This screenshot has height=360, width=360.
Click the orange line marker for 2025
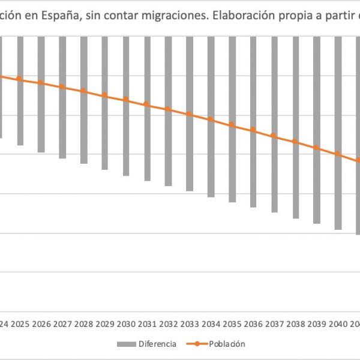tap(19, 79)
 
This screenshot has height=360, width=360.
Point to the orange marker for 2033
tap(189, 114)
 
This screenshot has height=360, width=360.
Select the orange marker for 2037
tap(274, 136)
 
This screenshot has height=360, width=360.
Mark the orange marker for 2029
tap(104, 95)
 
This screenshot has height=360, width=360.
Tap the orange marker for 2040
tap(338, 154)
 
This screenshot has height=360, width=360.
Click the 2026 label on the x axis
tap(41, 325)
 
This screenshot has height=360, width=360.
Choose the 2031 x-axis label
tap(147, 325)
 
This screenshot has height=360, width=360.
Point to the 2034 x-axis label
tap(211, 325)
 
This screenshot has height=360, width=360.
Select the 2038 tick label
tap(295, 325)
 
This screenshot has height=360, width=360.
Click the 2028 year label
tap(83, 325)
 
